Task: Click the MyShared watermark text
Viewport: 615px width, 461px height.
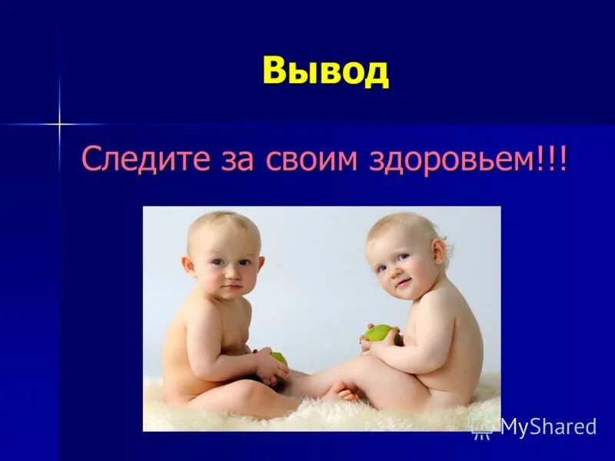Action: (x=548, y=427)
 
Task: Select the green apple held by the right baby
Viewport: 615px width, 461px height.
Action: (x=380, y=333)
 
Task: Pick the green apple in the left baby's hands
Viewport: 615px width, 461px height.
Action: (x=278, y=358)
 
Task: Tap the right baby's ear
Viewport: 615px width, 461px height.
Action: (x=440, y=252)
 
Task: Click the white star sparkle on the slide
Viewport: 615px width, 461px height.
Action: (x=58, y=123)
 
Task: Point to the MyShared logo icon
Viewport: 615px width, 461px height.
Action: (x=482, y=426)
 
